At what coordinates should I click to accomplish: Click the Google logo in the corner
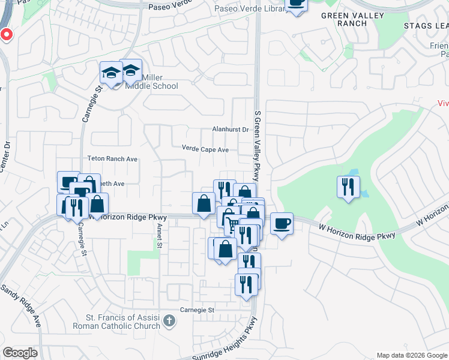click(20, 353)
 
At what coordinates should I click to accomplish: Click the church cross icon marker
click(169, 322)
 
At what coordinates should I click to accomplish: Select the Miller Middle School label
click(151, 82)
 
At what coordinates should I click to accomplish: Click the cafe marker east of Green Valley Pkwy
click(282, 224)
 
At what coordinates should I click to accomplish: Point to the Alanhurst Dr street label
click(231, 130)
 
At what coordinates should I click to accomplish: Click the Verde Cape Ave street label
click(205, 149)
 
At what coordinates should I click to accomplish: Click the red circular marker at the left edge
click(6, 34)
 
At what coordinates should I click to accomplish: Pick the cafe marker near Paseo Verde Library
click(295, 4)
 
